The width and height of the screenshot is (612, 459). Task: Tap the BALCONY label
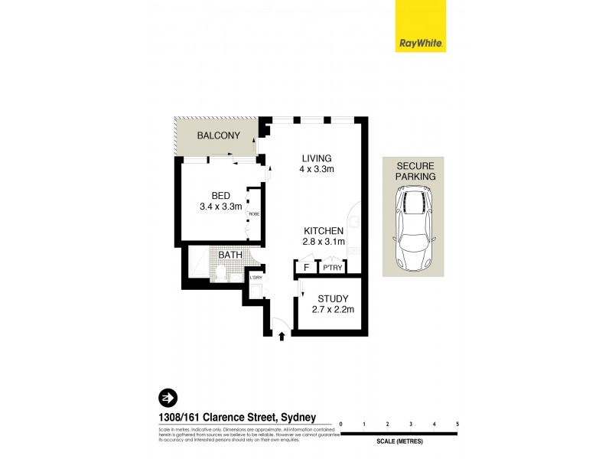click(219, 135)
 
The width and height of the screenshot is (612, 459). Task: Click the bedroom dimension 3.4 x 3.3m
click(220, 206)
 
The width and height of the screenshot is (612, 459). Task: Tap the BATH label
click(230, 256)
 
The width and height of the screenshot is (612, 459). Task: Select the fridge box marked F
click(306, 268)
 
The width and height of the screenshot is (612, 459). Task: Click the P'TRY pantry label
click(331, 268)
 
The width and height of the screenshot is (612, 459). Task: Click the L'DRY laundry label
click(256, 277)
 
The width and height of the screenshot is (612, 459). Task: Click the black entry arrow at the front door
click(282, 335)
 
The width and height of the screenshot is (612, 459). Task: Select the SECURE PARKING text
click(413, 171)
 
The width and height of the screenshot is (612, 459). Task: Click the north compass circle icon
click(166, 398)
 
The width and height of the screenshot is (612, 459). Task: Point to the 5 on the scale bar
click(457, 423)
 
